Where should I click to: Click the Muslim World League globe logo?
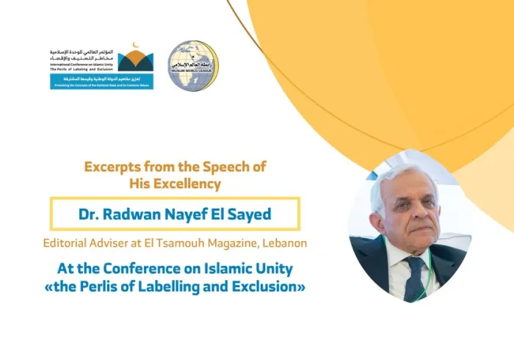click(x=192, y=65)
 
